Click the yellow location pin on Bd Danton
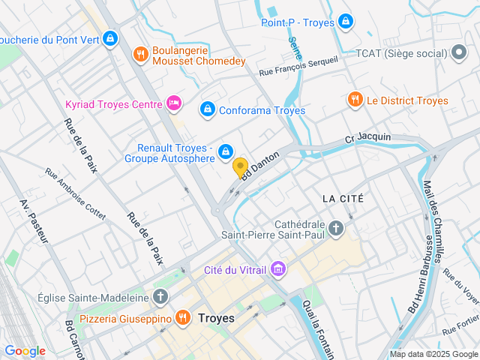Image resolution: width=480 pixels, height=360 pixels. [241, 168]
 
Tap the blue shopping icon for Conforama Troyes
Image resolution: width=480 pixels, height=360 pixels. [207, 109]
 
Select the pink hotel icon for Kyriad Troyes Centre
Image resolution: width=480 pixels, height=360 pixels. [174, 103]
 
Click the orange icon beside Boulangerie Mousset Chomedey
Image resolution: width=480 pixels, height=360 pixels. [139, 54]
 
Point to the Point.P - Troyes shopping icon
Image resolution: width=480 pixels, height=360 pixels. [346, 22]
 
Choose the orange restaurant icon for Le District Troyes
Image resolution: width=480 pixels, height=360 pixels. [355, 100]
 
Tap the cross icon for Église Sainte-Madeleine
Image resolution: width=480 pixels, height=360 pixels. [160, 297]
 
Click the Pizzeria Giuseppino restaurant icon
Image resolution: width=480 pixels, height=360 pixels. [181, 318]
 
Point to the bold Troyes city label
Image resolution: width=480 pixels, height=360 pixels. [216, 318]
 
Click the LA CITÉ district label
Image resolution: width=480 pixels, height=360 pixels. [343, 199]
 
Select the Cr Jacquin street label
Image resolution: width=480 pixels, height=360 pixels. [367, 137]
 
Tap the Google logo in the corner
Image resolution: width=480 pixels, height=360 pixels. [25, 350]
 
